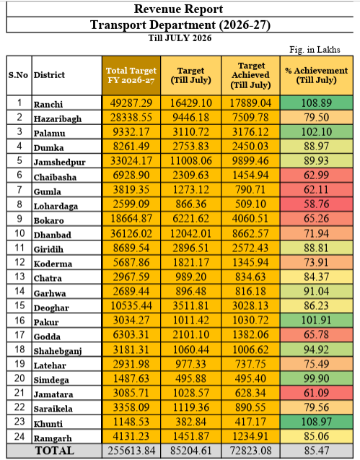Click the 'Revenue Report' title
[178, 9]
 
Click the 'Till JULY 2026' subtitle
[180, 38]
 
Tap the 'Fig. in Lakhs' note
[315, 50]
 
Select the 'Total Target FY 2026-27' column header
[131, 75]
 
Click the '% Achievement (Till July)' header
[316, 75]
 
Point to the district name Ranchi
[48, 105]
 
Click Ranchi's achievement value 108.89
[317, 103]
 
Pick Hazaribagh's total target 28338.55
[131, 117]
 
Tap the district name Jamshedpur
[59, 162]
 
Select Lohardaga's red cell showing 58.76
[317, 204]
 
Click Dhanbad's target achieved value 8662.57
[250, 233]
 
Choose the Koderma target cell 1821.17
[191, 262]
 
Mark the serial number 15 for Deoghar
[19, 305]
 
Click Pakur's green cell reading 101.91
[317, 320]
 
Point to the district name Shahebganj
[58, 351]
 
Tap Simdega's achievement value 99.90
[317, 378]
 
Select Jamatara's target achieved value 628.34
[250, 393]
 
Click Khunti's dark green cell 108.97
[317, 421]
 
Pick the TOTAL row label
[55, 451]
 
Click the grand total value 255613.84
[131, 451]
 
